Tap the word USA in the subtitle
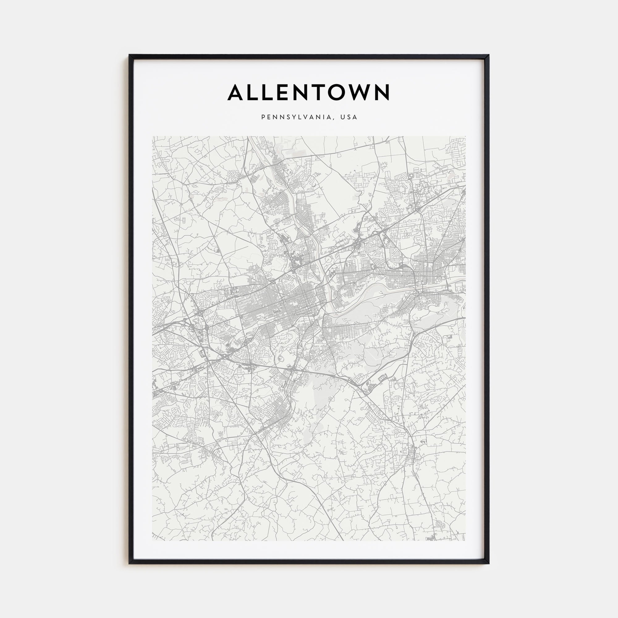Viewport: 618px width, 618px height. point(349,117)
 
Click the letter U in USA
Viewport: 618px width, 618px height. point(343,117)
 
